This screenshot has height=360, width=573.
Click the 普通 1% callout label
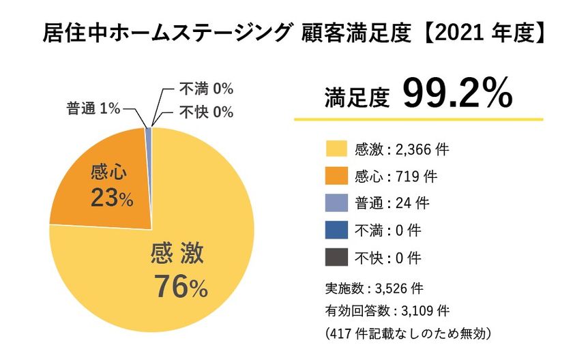pyautogui.click(x=93, y=108)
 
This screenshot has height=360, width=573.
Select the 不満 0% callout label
pyautogui.click(x=205, y=89)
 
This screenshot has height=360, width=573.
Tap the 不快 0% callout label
pyautogui.click(x=205, y=111)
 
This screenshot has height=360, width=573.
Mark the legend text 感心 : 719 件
pyautogui.click(x=396, y=176)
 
